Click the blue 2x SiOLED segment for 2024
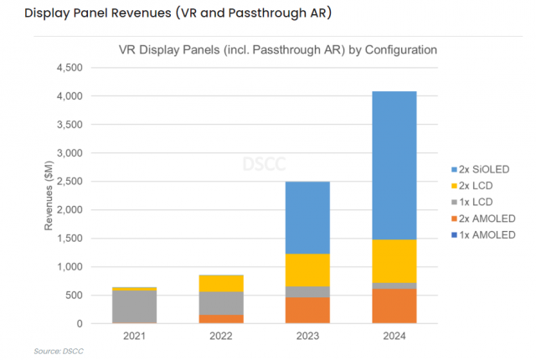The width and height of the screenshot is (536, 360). tap(394, 165)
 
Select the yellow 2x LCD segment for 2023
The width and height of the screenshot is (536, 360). tap(307, 270)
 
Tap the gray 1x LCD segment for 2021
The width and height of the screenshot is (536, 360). tap(134, 306)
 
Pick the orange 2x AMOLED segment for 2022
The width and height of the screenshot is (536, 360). tap(221, 319)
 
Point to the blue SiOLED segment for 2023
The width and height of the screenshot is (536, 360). tap(307, 218)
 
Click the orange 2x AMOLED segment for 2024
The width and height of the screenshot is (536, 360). tap(394, 306)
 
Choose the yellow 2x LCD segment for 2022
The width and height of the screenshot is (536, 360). tap(221, 284)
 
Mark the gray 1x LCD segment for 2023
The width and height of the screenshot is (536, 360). tap(307, 291)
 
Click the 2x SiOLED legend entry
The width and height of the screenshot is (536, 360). tap(480, 169)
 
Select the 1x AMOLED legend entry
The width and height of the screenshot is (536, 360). tap(483, 235)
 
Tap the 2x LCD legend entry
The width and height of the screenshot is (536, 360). tap(472, 186)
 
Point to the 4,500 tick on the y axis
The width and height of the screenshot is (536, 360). tap(70, 68)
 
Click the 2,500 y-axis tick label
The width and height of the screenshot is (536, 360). tap(70, 182)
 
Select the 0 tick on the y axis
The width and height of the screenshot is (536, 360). tap(80, 323)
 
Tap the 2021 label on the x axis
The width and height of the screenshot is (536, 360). tap(134, 336)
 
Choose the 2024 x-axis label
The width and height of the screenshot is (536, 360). tap(394, 336)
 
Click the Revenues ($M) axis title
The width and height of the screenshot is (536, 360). tap(49, 195)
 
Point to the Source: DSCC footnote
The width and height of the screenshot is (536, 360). tap(59, 351)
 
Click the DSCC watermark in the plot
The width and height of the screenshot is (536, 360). tap(264, 164)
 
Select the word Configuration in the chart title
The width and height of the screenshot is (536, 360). tap(401, 50)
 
